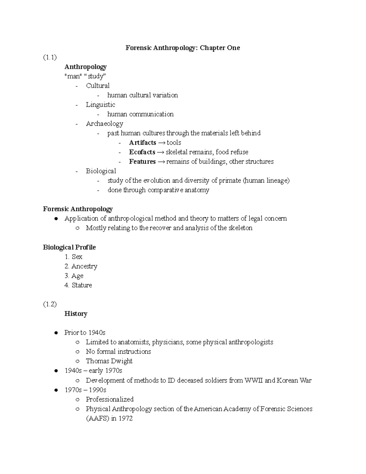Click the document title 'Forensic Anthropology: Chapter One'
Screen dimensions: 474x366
[183, 48]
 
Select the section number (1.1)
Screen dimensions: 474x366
[50, 57]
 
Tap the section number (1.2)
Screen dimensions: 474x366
[50, 304]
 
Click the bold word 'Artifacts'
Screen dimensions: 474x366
[142, 143]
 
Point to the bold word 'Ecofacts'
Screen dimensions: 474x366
[142, 152]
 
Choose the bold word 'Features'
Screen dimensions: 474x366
[142, 161]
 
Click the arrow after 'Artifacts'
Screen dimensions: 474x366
[161, 143]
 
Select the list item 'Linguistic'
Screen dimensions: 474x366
[100, 105]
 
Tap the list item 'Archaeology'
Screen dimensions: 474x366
[104, 124]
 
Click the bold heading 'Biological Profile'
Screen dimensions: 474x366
[69, 247]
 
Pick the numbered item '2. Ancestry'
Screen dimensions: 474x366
[81, 266]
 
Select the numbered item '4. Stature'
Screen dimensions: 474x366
[78, 285]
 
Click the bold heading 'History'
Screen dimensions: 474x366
[76, 314]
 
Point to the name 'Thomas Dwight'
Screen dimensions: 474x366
[109, 361]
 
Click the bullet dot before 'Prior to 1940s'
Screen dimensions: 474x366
[56, 333]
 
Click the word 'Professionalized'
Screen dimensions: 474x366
[109, 399]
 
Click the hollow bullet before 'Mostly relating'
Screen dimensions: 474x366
[77, 228]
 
